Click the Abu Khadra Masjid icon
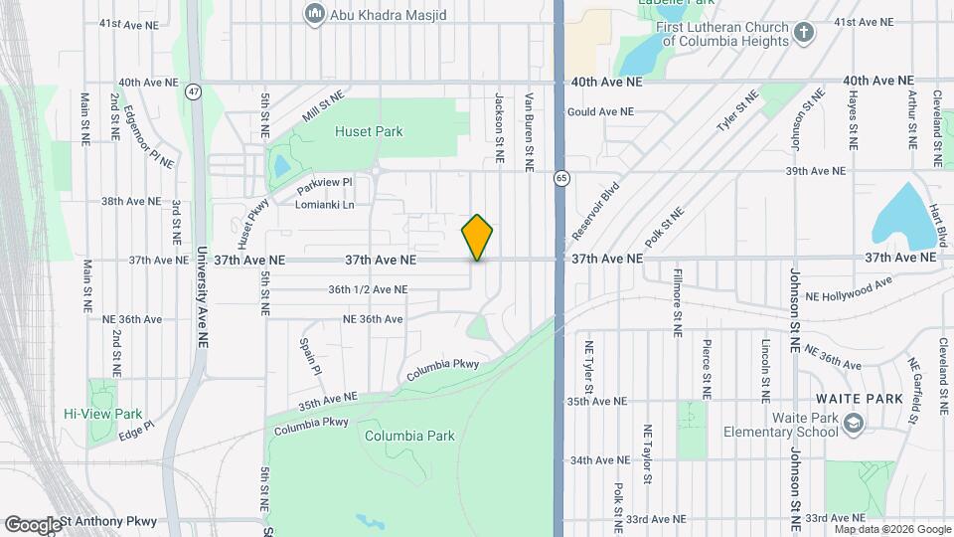coord(315,13)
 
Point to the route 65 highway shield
coord(561,177)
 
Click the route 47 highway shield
coord(193,91)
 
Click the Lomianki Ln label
coord(325,205)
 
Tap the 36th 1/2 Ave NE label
coord(368,289)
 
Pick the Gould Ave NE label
coord(600,112)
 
